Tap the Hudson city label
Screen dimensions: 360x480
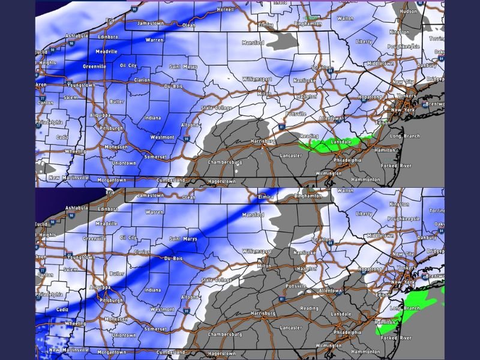tap(408, 11)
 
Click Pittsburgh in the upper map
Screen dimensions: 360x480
tap(112, 128)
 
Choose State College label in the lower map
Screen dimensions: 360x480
tap(216, 280)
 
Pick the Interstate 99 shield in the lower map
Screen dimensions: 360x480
tap(187, 311)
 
